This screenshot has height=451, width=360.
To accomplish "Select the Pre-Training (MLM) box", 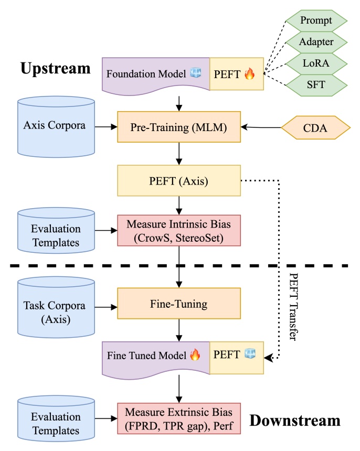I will pos(179,126).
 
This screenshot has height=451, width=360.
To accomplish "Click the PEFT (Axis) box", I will pos(179,181).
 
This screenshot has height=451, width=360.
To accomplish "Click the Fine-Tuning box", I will pos(179,304).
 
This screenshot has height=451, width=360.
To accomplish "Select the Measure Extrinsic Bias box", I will pos(179,418).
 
